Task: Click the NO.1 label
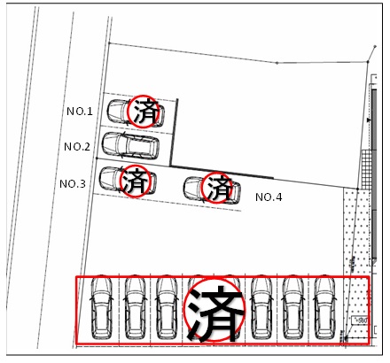(80, 112)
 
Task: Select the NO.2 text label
(77, 147)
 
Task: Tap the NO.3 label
(73, 184)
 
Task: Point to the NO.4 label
(269, 197)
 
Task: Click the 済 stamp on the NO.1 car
(144, 112)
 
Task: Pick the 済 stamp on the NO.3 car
(135, 181)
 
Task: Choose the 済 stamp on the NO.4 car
(217, 188)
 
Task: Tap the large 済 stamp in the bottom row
(214, 310)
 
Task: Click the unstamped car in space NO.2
(130, 144)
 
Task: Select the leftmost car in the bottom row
(102, 307)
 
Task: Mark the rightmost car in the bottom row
(325, 307)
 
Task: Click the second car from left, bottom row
(135, 307)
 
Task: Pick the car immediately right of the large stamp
(261, 307)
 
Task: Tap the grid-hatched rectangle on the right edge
(366, 169)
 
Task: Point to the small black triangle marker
(369, 120)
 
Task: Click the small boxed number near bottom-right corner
(360, 321)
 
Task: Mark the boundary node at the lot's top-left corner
(109, 43)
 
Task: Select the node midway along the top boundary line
(277, 63)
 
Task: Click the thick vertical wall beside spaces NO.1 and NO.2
(174, 132)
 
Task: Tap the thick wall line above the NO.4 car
(222, 172)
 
